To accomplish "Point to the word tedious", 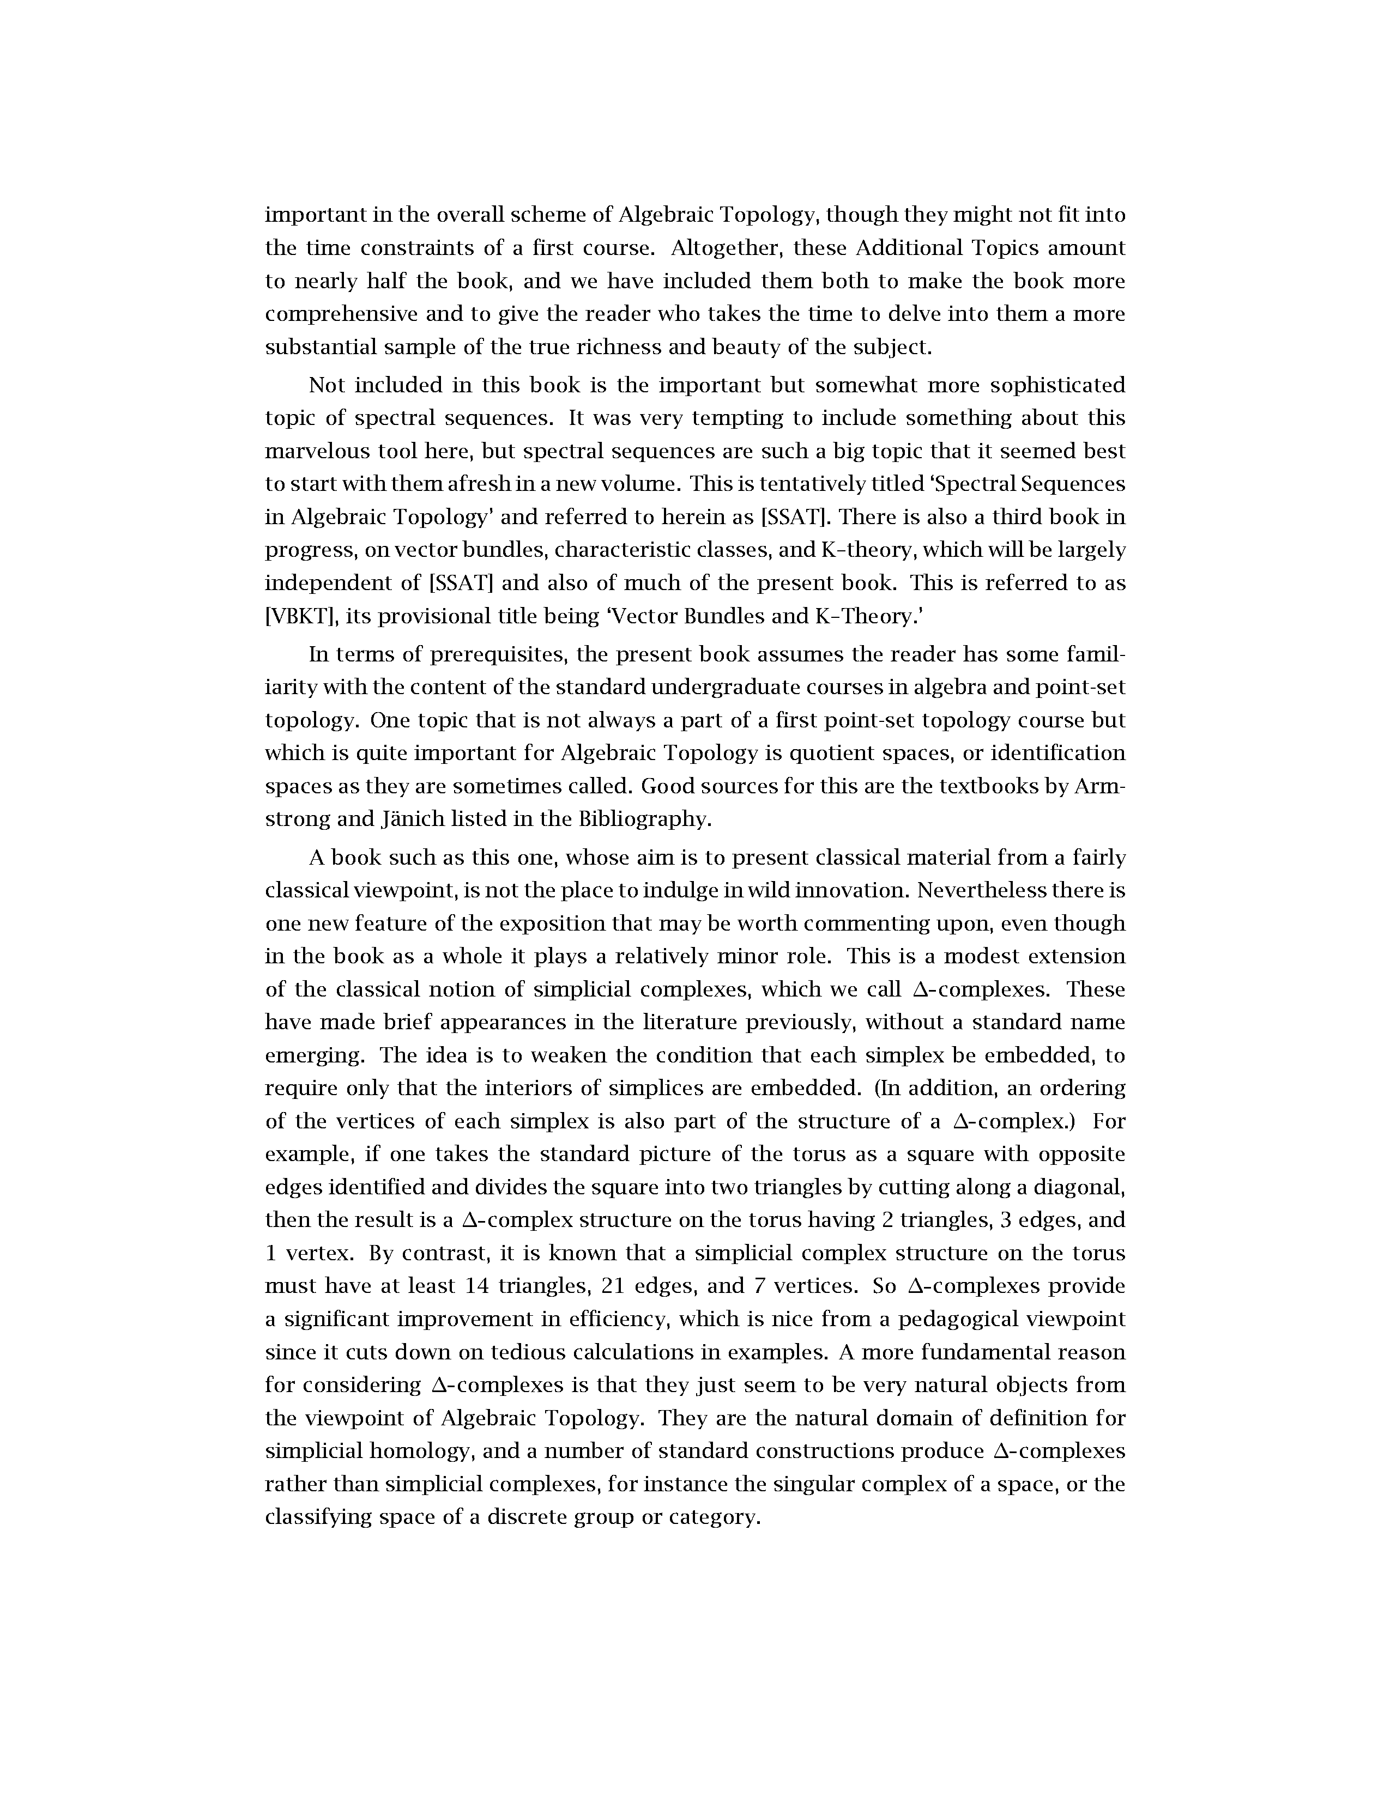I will pyautogui.click(x=527, y=1352).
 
